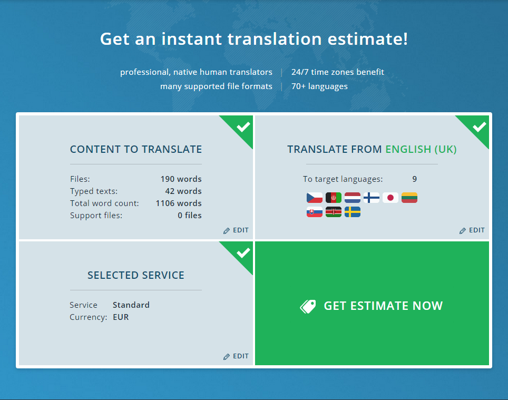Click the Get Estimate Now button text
(x=383, y=306)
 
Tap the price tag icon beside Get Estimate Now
(x=308, y=306)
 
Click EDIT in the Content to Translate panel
(x=236, y=230)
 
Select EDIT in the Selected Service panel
(x=236, y=356)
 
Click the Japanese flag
(x=390, y=198)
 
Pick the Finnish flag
(x=372, y=198)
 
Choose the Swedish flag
(x=353, y=212)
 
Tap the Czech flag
(x=315, y=198)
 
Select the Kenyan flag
(x=334, y=212)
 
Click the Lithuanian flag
(x=409, y=198)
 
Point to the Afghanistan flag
(x=334, y=198)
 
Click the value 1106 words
(x=179, y=203)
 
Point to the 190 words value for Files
(x=181, y=179)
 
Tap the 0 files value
(x=190, y=216)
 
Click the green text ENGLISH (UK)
(x=421, y=150)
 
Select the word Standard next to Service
(x=131, y=305)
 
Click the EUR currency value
(x=121, y=317)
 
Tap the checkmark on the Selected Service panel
(x=243, y=253)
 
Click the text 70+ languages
(x=319, y=86)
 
